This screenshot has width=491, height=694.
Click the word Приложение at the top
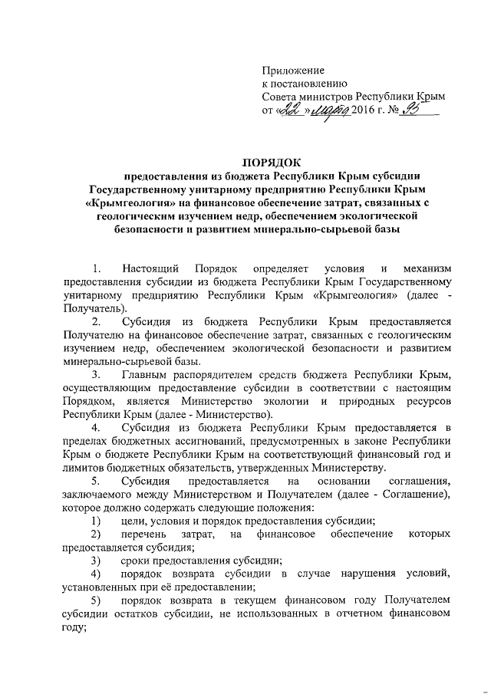(x=292, y=70)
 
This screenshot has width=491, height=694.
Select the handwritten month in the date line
(x=326, y=111)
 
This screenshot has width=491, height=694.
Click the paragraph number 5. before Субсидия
(x=96, y=482)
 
